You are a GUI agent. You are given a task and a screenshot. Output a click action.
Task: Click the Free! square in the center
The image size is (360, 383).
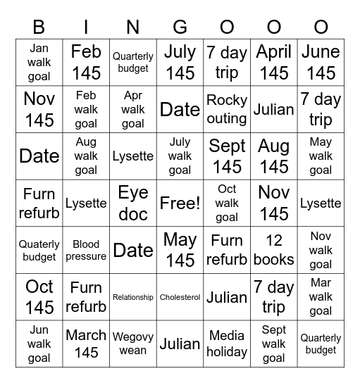[x=180, y=203]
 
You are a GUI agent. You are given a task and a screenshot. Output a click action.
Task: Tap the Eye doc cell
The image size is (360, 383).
[x=133, y=203]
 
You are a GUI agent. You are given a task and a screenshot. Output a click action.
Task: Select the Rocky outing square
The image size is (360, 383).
[x=227, y=109]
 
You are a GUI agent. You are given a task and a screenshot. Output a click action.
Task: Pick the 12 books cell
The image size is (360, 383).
[x=273, y=250]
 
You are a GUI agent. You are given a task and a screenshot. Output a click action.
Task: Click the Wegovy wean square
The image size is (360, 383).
[x=133, y=344]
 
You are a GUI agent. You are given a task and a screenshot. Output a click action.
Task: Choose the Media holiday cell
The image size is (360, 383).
[x=227, y=344]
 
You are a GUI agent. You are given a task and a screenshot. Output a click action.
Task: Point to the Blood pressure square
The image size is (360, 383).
[x=86, y=250]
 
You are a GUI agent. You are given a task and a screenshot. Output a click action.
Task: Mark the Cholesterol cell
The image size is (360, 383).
[x=180, y=297]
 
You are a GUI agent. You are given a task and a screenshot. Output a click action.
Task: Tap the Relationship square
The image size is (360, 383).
[x=133, y=297]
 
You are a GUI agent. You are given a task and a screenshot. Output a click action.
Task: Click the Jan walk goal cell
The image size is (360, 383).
[x=39, y=62]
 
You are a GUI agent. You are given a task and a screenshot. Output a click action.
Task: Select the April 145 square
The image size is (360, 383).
[x=273, y=62]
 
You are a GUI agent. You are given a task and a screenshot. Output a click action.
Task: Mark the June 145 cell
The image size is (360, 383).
[x=321, y=62]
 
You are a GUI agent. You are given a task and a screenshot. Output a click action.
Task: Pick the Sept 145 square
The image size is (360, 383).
[x=227, y=156]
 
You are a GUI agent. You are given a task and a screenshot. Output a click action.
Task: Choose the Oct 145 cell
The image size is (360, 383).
[x=39, y=297]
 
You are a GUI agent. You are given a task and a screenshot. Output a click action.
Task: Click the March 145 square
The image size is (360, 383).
[x=86, y=344]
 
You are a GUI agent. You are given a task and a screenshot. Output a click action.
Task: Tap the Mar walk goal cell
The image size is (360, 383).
[x=321, y=297]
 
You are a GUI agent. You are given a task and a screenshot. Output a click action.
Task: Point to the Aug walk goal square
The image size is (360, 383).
[x=86, y=156]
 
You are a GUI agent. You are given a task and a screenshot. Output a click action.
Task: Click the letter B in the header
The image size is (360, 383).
[x=39, y=27]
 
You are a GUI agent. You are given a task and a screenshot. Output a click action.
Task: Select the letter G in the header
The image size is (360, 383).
[x=180, y=27]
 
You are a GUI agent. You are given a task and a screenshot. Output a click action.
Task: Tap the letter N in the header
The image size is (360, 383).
[x=133, y=27]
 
